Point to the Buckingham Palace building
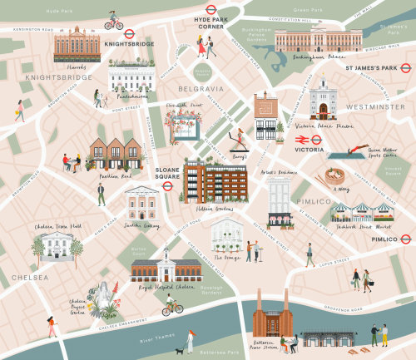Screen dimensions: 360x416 click(306, 39)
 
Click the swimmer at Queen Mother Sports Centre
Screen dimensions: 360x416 click(340, 154)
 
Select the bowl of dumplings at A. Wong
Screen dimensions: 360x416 click(338, 177)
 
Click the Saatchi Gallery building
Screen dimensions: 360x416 click(141, 202)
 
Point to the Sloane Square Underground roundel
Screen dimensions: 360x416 click(167, 187)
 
